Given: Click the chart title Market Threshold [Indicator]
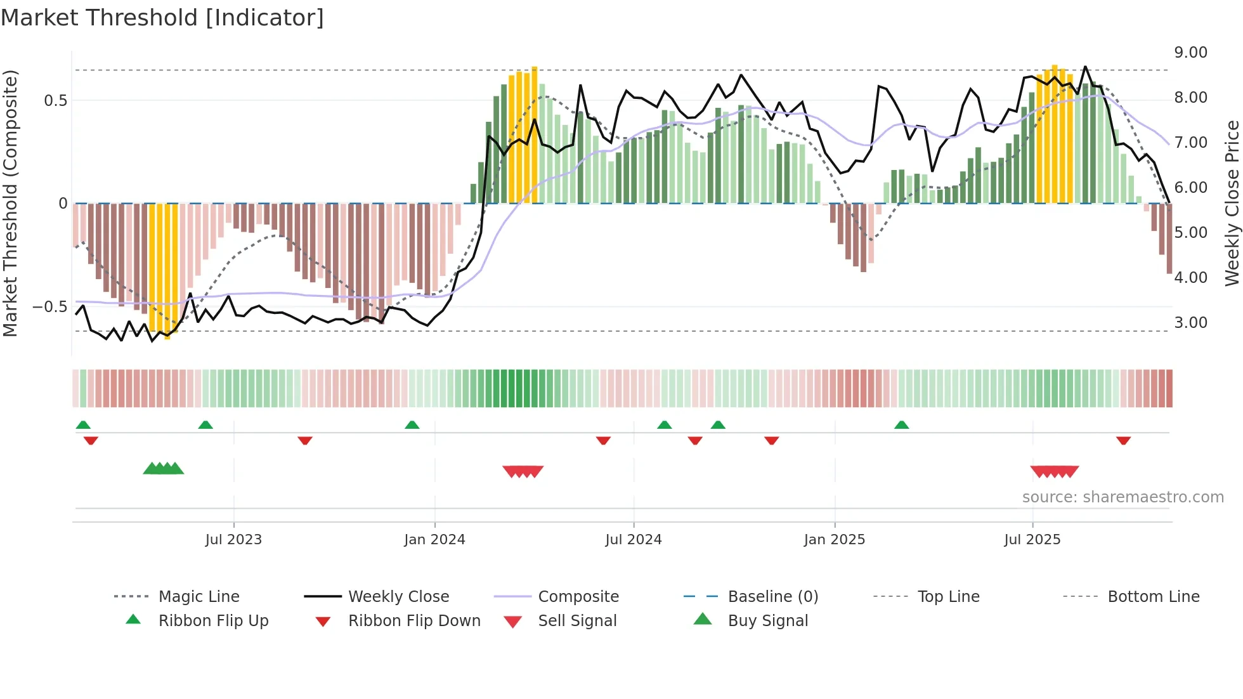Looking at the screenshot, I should tap(162, 18).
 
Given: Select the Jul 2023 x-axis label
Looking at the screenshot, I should tap(233, 540).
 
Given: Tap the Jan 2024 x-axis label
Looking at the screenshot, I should tap(434, 540).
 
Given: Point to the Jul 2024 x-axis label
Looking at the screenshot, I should tap(633, 540).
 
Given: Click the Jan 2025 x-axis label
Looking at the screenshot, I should tap(834, 540).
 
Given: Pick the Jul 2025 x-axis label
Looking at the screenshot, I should tap(1032, 540).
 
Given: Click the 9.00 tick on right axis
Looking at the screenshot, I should tap(1190, 53).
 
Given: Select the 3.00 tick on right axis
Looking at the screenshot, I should tap(1190, 323).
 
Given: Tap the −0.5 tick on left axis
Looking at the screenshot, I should tap(49, 307).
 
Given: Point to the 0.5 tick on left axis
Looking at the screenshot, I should tap(55, 101).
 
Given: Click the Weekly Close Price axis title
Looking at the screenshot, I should tap(1232, 203).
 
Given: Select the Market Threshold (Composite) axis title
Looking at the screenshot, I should tap(10, 203).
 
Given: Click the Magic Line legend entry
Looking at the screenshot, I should tap(198, 597).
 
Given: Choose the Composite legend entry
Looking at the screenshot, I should tap(578, 597).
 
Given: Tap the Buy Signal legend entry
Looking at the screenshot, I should tap(767, 621).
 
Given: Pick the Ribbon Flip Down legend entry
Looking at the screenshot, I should tap(414, 621).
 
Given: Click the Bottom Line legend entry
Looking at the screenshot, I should tap(1153, 597).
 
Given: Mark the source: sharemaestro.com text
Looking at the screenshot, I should tap(1123, 497).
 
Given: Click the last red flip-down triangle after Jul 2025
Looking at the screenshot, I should tap(1123, 440).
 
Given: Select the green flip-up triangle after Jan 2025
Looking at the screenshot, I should tap(901, 425).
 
